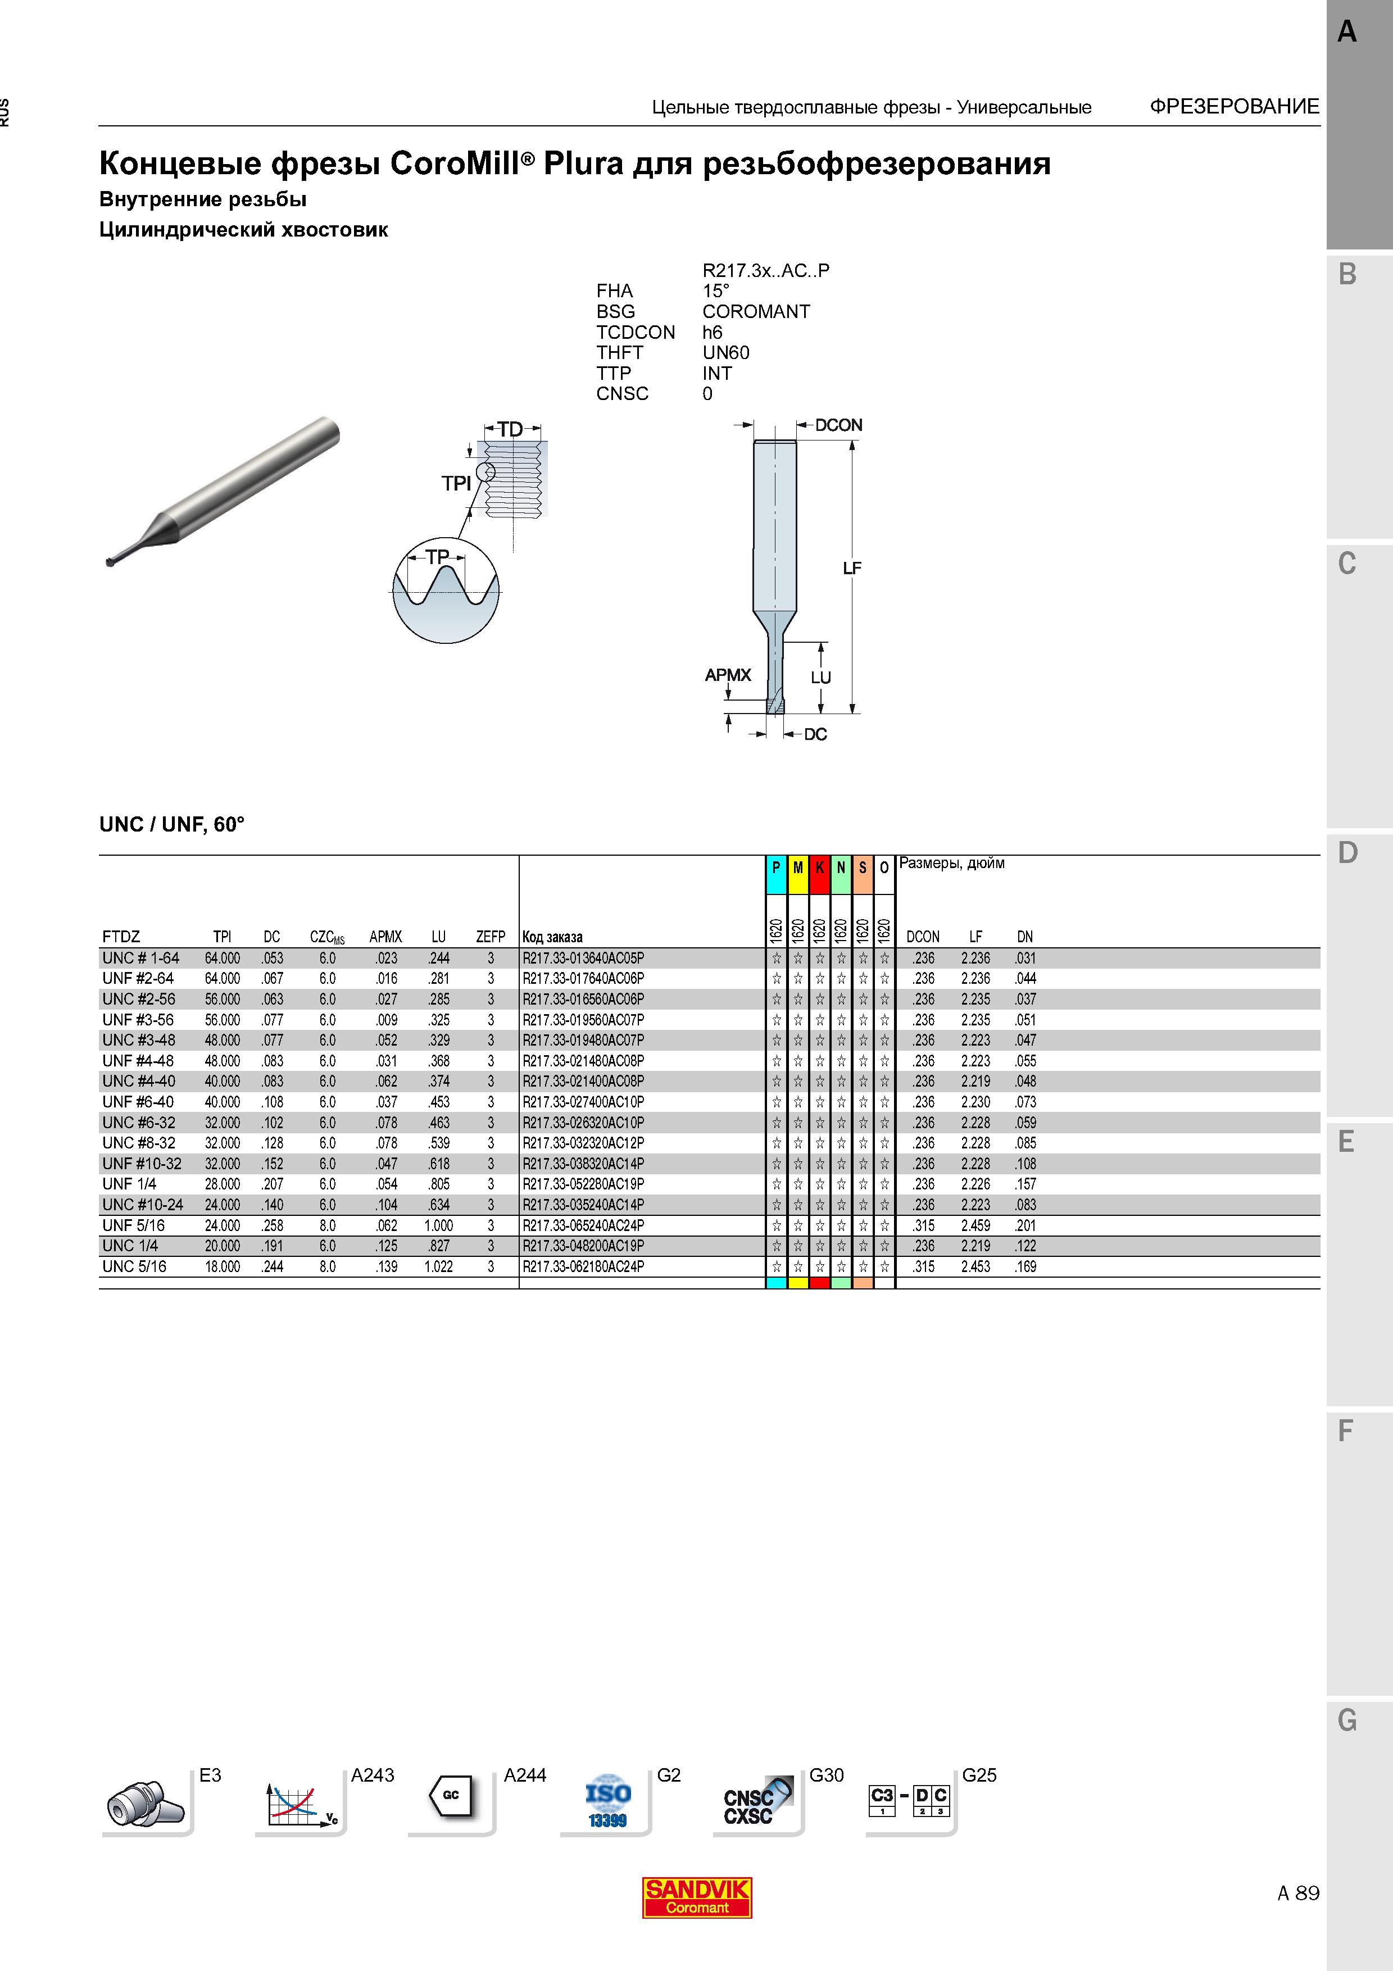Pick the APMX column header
(x=385, y=937)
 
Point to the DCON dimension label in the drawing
(x=838, y=425)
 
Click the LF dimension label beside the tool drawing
(x=851, y=567)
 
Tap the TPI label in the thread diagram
(x=457, y=483)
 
